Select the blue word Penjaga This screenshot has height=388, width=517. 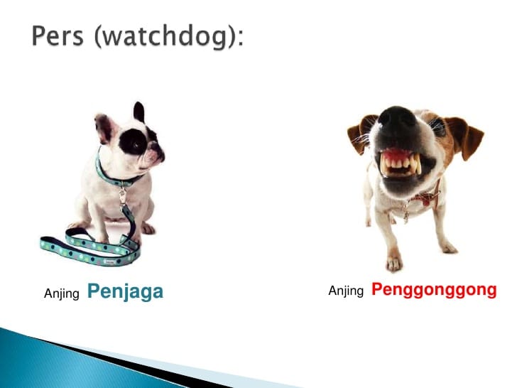pos(125,291)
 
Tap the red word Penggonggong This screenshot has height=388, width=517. pos(434,290)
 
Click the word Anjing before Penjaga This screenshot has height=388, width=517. pos(62,293)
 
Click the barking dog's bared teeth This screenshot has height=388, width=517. pos(401,163)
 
